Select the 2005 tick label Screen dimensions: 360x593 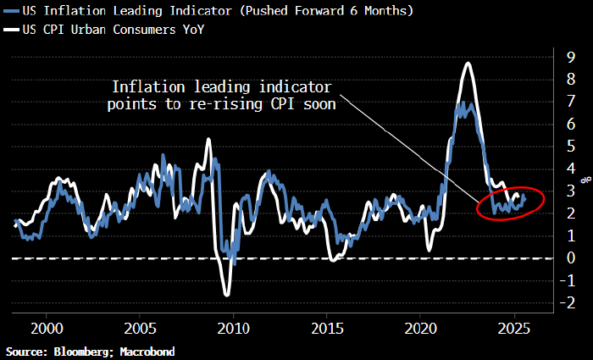140,328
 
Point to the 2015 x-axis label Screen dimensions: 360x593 327,328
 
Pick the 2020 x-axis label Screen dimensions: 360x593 420,328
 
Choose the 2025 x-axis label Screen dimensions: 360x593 514,328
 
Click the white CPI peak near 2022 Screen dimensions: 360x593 467,64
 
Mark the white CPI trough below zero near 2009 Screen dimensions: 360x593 227,294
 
